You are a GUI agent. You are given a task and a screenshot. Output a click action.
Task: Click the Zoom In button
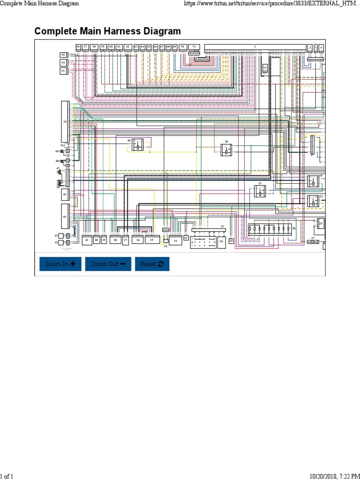(x=60, y=264)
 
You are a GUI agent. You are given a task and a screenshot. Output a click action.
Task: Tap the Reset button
(x=152, y=264)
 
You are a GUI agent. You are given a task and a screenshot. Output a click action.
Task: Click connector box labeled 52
(x=65, y=121)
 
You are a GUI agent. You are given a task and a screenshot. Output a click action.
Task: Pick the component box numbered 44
(x=65, y=216)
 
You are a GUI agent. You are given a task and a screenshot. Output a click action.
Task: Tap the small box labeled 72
(x=265, y=68)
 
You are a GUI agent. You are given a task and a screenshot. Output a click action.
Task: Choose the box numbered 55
(x=63, y=55)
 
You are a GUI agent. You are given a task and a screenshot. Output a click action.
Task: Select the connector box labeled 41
(x=87, y=240)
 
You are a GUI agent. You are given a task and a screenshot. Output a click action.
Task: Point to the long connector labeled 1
(x=255, y=47)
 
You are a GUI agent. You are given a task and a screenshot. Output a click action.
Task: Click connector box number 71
(x=194, y=47)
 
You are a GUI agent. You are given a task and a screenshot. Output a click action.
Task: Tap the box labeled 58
(x=94, y=47)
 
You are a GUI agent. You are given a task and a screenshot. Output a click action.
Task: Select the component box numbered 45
(x=65, y=195)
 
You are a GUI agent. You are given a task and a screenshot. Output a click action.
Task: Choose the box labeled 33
(x=175, y=240)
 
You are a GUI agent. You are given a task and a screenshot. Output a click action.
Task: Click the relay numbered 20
(x=227, y=150)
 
